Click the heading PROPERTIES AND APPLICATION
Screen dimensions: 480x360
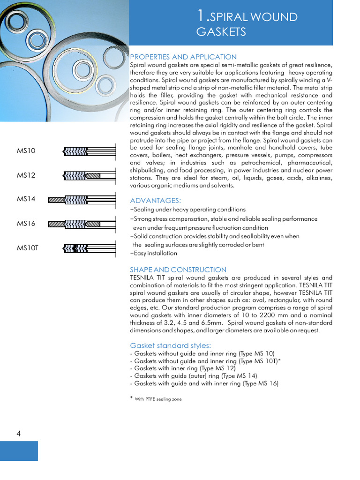coord(183,57)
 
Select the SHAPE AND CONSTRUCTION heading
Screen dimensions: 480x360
coord(178,270)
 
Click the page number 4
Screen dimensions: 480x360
coord(18,434)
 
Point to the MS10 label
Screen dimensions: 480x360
coord(26,151)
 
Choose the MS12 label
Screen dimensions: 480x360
coord(26,175)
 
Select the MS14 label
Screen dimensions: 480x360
coord(26,199)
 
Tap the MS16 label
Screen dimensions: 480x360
coord(26,224)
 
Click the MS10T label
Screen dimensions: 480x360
coord(28,248)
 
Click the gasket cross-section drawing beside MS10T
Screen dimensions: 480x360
coord(89,247)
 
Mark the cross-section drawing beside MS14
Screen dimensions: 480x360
coord(82,200)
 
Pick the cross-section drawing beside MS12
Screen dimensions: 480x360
coord(89,176)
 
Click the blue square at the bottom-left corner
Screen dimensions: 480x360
coord(19,450)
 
